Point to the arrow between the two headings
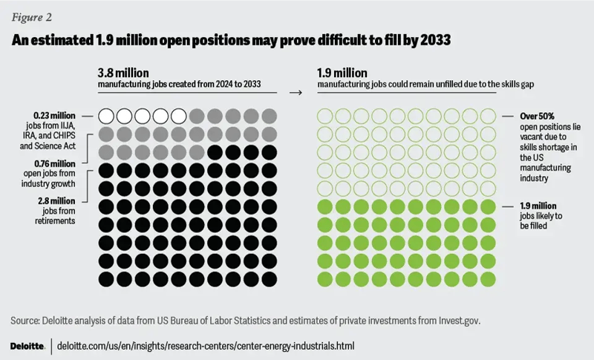tap(296, 93)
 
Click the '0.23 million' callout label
tap(54, 116)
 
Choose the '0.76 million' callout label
tap(54, 163)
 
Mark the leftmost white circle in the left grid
tap(106, 116)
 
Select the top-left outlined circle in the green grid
tap(324, 116)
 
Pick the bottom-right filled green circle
tap(488, 278)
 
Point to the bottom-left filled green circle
tap(324, 278)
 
